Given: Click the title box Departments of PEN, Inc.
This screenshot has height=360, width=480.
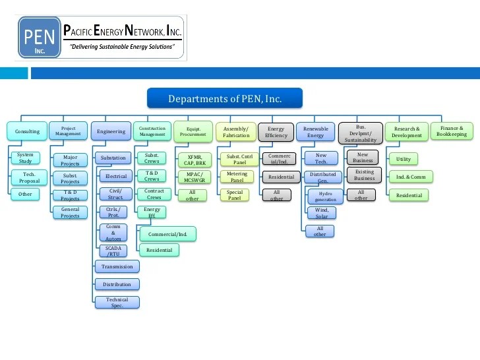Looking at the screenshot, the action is pos(225,99).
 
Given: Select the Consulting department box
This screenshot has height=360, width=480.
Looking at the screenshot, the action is pos(27,131).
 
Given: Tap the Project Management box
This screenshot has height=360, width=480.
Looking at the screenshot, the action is pos(69,131).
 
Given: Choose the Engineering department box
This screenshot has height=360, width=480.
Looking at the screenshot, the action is pos(111,131).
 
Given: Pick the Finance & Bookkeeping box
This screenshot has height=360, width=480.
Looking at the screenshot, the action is pos(452,131).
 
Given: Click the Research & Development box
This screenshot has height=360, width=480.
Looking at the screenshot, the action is pos(406,132).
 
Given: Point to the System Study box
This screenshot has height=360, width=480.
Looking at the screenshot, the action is pos(25,158).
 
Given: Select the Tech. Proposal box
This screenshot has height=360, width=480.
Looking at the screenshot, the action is pos(29,177).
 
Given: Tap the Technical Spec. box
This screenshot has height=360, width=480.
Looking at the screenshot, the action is pos(117,302).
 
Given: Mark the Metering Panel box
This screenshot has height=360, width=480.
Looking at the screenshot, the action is pos(237,177).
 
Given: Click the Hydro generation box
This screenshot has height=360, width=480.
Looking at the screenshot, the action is pos(326,196).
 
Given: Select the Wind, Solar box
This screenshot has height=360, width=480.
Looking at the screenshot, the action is pos(321,213).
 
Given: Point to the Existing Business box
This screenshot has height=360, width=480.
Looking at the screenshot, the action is pos(365,175).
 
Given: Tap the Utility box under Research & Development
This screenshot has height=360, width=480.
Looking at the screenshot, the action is pos(404,159).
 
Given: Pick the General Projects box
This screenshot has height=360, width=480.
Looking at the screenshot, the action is pos(70,212).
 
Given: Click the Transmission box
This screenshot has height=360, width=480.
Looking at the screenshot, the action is pos(117,266).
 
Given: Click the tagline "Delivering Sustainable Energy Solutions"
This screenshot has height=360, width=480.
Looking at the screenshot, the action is pos(123,47).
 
